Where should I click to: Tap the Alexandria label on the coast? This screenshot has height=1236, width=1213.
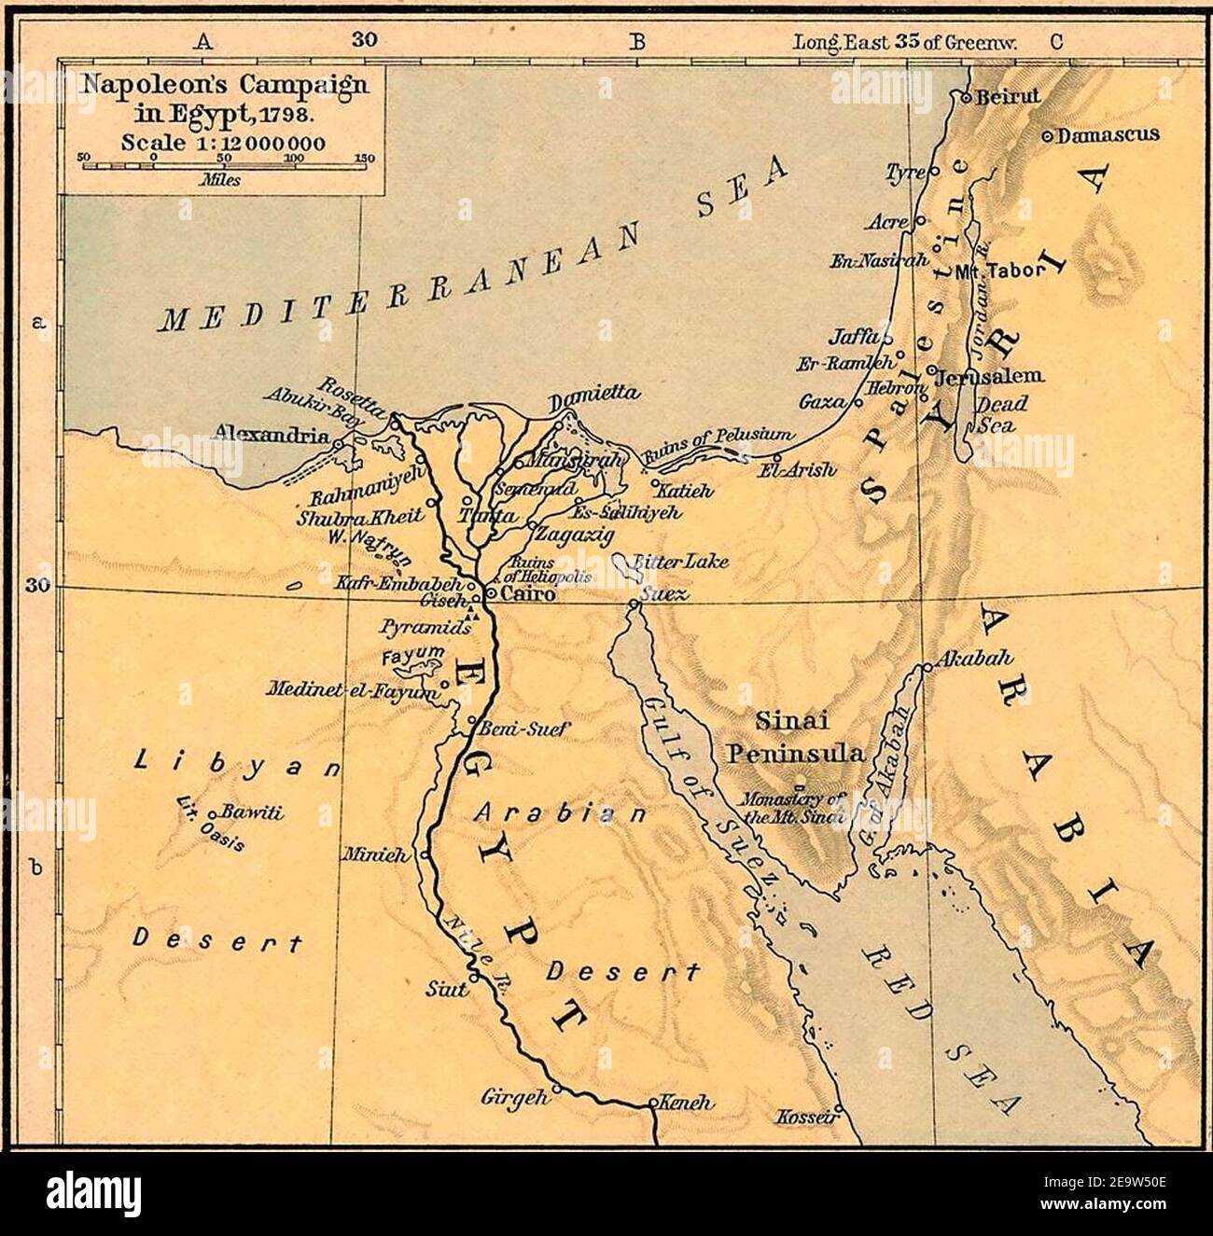(x=271, y=434)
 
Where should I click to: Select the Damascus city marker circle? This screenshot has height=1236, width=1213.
(x=1047, y=136)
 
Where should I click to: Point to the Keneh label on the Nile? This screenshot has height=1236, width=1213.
(x=687, y=1102)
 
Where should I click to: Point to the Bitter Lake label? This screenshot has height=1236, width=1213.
(x=680, y=562)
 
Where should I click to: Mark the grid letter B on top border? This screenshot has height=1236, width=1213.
(x=637, y=41)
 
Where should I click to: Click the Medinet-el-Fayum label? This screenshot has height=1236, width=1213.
(x=351, y=691)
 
